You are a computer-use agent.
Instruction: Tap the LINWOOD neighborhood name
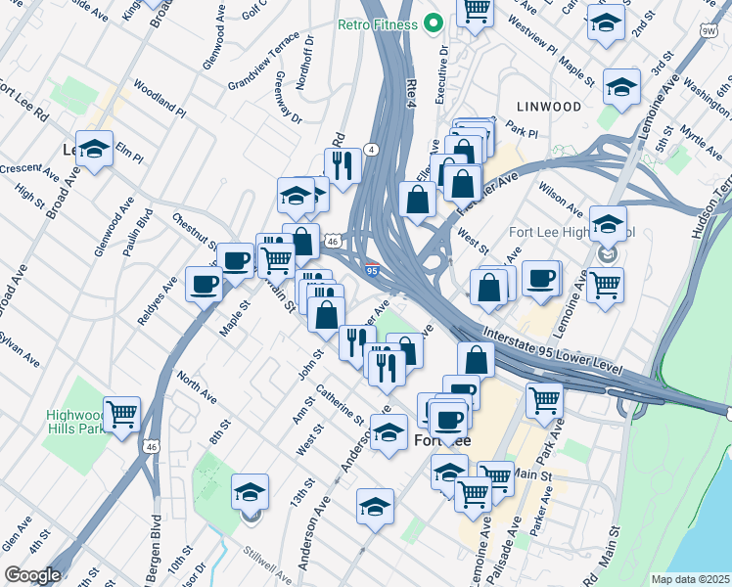click(x=549, y=106)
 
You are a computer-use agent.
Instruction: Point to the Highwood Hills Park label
click(x=73, y=422)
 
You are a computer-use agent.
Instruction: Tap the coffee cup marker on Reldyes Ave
click(x=205, y=285)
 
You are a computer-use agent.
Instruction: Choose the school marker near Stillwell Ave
click(x=251, y=490)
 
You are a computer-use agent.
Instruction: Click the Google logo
click(x=32, y=575)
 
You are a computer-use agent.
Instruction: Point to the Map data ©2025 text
click(x=689, y=578)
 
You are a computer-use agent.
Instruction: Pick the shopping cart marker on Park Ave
click(x=544, y=398)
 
